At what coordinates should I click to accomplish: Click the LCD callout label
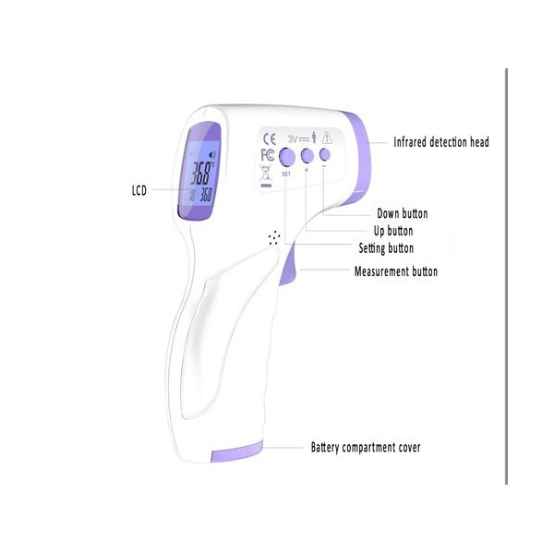click(x=139, y=190)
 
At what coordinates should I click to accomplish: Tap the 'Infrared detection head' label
click(x=441, y=142)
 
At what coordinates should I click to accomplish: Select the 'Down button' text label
click(x=403, y=213)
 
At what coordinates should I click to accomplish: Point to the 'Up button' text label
click(x=393, y=231)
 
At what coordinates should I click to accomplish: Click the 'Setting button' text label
click(x=386, y=248)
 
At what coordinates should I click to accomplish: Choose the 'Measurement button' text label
click(x=396, y=271)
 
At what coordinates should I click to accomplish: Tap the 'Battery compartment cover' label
click(x=366, y=447)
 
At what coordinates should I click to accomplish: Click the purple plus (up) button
click(x=307, y=155)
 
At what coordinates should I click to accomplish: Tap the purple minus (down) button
click(x=325, y=154)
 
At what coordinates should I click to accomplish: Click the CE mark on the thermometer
click(x=270, y=138)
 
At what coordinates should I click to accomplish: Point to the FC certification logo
click(x=267, y=155)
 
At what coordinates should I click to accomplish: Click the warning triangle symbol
click(x=327, y=138)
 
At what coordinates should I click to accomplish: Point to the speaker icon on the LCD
click(x=212, y=155)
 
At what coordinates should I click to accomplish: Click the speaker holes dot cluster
click(x=274, y=237)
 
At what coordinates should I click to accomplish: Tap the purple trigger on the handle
click(x=288, y=265)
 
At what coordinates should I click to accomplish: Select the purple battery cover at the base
click(x=237, y=452)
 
